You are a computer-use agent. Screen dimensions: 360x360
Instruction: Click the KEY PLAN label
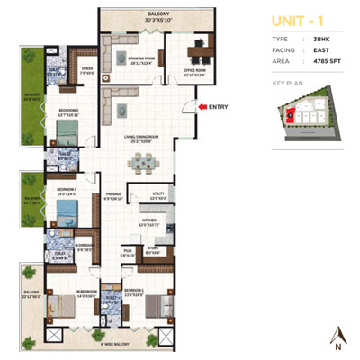click(x=287, y=82)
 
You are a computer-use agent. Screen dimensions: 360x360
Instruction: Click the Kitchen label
click(x=148, y=220)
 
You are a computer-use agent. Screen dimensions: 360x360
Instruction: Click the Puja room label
click(x=128, y=253)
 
